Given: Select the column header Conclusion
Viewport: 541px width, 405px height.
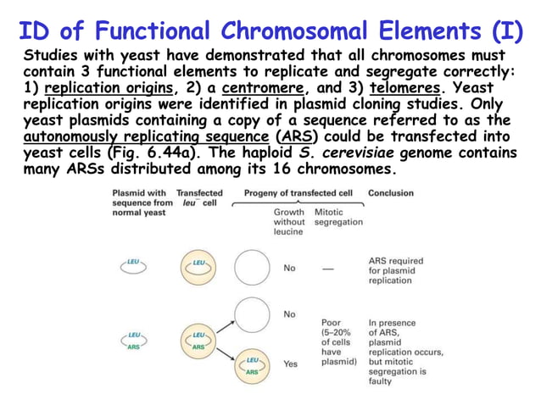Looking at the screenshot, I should click(391, 193).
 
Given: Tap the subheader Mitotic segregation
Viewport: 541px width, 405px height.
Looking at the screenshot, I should click(337, 217).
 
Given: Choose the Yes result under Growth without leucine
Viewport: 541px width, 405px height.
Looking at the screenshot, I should click(290, 363).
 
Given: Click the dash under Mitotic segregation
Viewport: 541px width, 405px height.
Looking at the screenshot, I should click(327, 268).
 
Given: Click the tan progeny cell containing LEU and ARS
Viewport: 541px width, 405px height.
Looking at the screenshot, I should click(252, 365).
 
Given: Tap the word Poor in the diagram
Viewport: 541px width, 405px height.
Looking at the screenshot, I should click(332, 323).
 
